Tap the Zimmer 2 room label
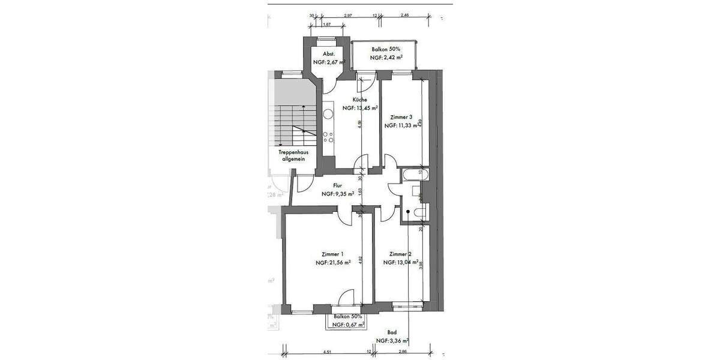tap(400, 254)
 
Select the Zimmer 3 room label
tap(401, 117)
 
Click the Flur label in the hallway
tap(337, 186)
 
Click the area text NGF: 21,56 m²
tap(333, 263)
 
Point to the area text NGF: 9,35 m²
tap(338, 194)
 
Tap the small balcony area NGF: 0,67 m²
tap(349, 325)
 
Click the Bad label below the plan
tap(392, 332)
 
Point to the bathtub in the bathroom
tap(415, 175)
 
